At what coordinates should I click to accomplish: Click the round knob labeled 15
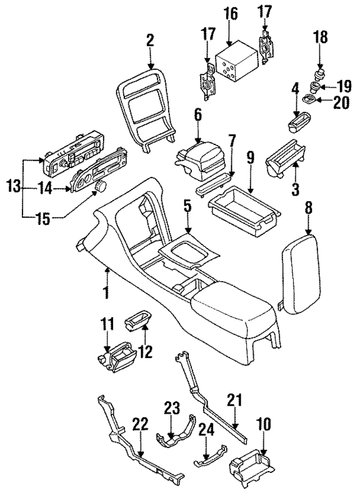tap(102, 186)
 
